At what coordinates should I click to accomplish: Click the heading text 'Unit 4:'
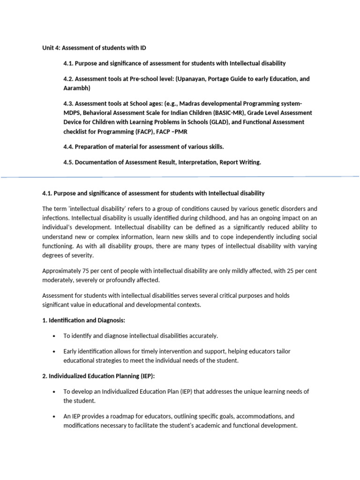coord(52,48)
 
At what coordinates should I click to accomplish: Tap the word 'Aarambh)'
coord(76,88)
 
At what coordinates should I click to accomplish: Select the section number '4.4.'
coord(69,147)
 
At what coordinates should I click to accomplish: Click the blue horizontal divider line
coord(180,177)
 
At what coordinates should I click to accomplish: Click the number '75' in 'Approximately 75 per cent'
coord(81,271)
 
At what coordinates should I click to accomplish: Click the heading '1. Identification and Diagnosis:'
coord(84,320)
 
